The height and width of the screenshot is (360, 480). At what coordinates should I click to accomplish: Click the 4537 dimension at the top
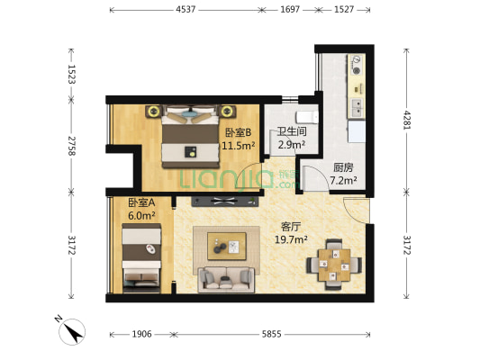[x=186, y=10]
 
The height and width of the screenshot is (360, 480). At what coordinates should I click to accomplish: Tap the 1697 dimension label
[x=290, y=10]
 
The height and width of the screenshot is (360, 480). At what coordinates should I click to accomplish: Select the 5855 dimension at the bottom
[x=271, y=334]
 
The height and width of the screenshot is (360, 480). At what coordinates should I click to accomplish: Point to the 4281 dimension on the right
[x=406, y=120]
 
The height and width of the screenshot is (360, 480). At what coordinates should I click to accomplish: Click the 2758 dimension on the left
[x=71, y=146]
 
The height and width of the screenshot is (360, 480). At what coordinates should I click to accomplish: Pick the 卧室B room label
[x=238, y=132]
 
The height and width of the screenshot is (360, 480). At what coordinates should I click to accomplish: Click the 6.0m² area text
[x=141, y=216]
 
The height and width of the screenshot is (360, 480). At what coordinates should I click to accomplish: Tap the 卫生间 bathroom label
[x=292, y=131]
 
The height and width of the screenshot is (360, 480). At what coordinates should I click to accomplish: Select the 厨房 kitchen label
[x=343, y=167]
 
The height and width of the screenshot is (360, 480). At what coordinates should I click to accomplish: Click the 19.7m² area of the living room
[x=291, y=239]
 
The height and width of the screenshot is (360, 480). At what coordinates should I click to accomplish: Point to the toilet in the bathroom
[x=306, y=116]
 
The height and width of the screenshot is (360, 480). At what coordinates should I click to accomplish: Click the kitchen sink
[x=357, y=108]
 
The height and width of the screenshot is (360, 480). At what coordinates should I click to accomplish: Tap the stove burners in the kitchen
[x=356, y=64]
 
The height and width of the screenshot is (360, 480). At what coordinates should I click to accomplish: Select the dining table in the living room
[x=334, y=265]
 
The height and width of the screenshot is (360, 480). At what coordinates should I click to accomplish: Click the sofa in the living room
[x=226, y=279]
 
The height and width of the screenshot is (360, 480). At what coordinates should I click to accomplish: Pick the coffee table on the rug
[x=227, y=247]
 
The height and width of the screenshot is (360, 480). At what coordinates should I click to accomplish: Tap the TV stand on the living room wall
[x=225, y=202]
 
